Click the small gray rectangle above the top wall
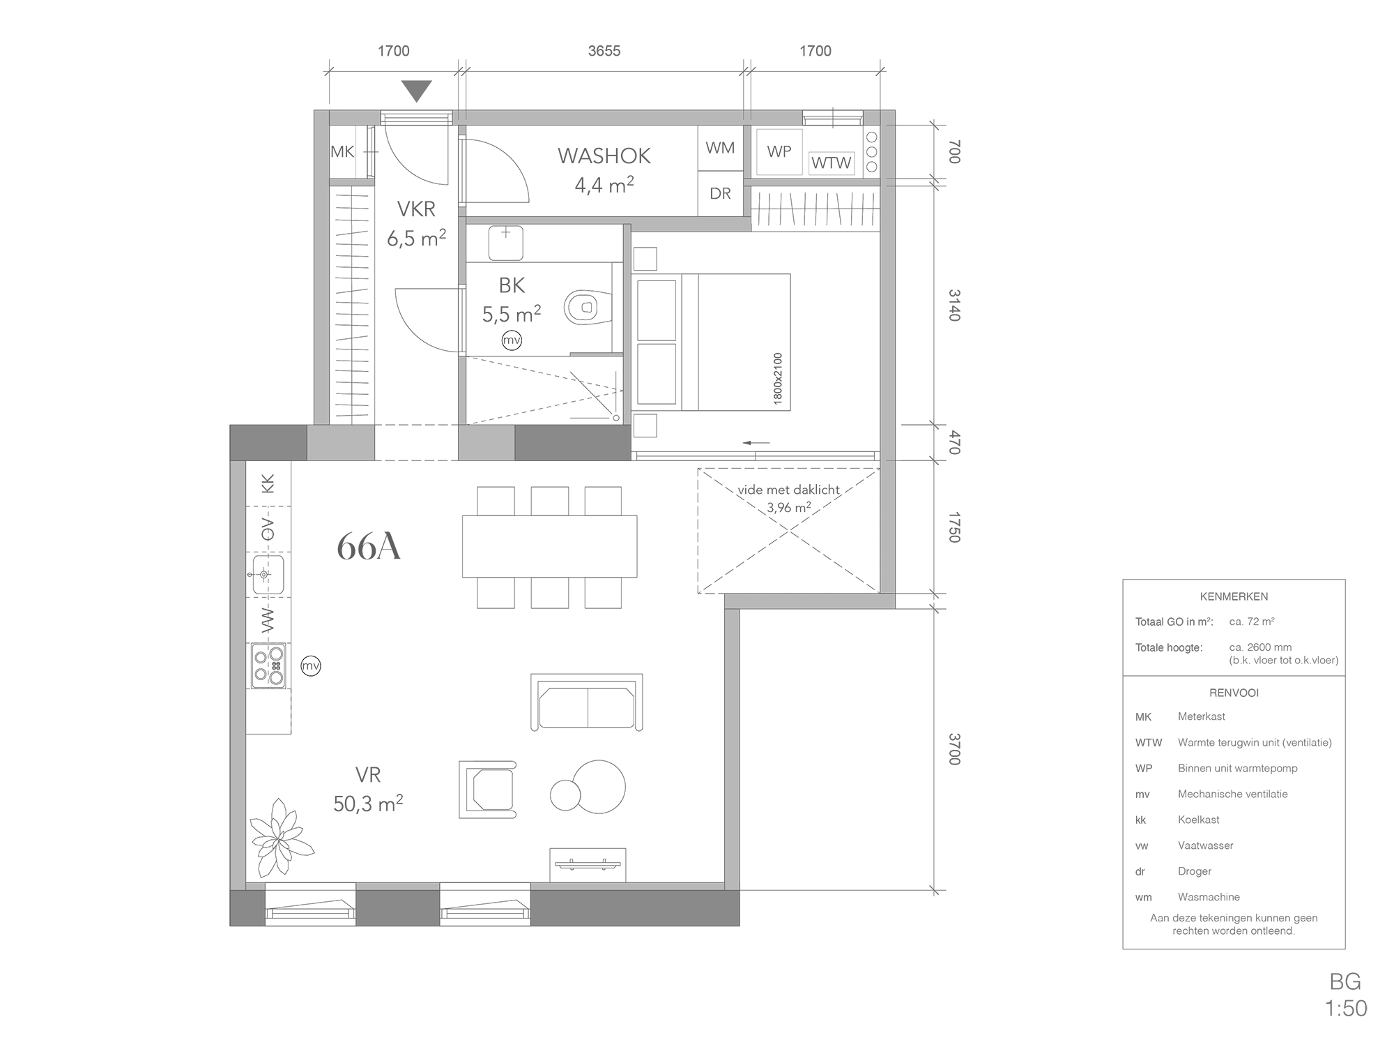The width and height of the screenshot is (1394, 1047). (x=429, y=94)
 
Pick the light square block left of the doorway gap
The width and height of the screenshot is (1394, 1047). (x=341, y=443)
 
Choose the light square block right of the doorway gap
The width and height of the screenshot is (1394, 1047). (x=487, y=443)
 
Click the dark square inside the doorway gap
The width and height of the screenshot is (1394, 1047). (x=392, y=443)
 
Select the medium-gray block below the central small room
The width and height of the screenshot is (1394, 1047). (x=572, y=443)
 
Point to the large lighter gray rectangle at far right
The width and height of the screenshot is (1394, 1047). (x=1241, y=767)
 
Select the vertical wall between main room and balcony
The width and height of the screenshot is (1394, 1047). (x=732, y=746)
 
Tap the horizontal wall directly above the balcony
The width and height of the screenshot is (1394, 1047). (x=809, y=601)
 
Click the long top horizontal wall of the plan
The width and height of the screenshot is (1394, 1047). (x=599, y=117)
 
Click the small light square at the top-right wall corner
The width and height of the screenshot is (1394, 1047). (x=872, y=116)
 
